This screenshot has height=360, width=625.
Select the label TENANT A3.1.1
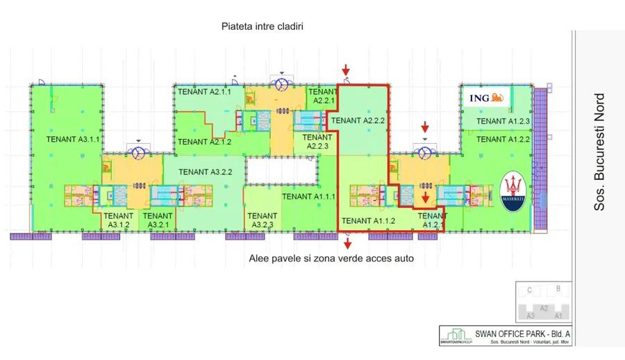(74, 139)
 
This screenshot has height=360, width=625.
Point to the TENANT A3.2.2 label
(205, 172)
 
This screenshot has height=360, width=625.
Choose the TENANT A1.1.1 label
(309, 197)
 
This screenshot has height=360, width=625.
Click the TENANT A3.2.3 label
(262, 220)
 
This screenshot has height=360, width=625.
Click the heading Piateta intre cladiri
(262, 26)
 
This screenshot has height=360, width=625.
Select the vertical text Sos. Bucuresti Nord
(600, 152)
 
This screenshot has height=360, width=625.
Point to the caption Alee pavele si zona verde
(331, 259)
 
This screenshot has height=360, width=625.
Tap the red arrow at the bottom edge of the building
(347, 243)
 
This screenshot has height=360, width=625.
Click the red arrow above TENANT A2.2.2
(345, 69)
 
